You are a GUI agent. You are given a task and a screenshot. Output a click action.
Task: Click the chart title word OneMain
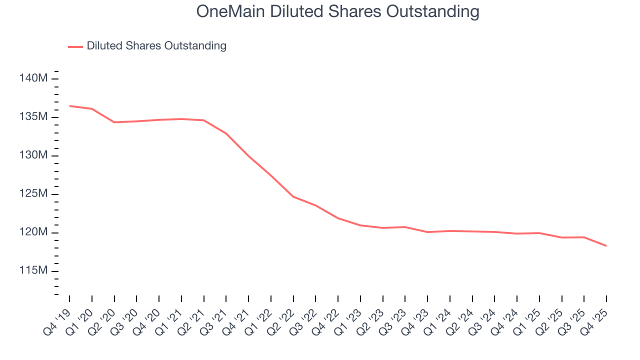(231, 11)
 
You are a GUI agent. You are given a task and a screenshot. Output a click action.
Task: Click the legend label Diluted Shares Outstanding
(156, 46)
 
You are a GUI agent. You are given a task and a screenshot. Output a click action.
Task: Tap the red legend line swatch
(75, 46)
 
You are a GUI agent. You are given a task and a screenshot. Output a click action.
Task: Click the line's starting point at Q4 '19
(69, 106)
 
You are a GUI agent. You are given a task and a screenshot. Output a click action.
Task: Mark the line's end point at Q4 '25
(606, 245)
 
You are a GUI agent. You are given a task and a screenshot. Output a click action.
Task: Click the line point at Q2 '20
(114, 122)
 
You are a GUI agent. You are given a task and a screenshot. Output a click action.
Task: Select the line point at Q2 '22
(293, 196)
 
